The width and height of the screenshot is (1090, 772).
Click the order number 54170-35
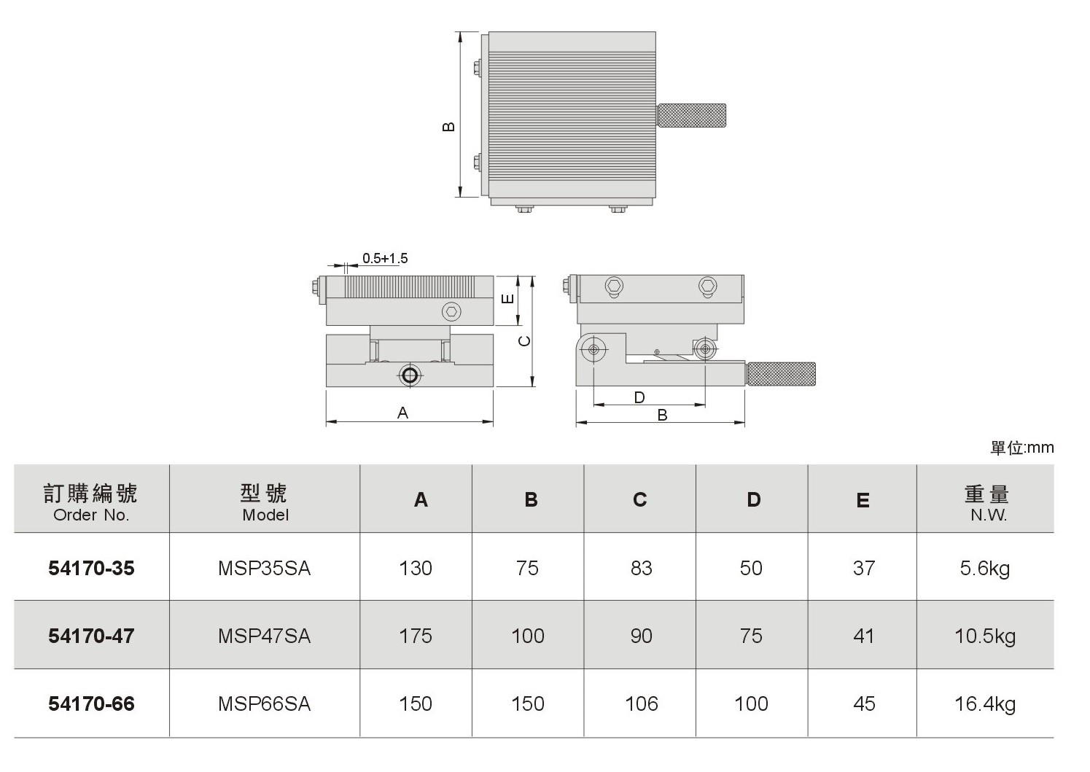[x=91, y=568]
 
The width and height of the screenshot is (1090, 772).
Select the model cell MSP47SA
[x=264, y=636]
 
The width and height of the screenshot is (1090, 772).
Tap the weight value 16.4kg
[x=985, y=704]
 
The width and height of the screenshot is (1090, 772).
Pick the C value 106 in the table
[x=642, y=704]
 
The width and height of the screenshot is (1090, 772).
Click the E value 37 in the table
[x=864, y=568]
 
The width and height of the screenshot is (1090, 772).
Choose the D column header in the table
[x=753, y=499]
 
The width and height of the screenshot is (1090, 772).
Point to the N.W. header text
[x=989, y=515]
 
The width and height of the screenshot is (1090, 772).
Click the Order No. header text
[x=91, y=515]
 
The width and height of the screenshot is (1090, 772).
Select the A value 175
[x=416, y=636]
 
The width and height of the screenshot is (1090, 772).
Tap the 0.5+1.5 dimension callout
[x=385, y=258]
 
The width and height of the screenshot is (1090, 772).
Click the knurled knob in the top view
[x=691, y=115]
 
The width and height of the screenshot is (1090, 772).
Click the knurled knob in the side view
[x=781, y=373]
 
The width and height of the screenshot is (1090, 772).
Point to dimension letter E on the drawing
[x=507, y=299]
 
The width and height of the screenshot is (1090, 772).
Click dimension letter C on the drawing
[x=524, y=341]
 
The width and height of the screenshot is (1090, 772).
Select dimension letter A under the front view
[x=402, y=413]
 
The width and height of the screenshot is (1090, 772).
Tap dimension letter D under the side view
[x=639, y=397]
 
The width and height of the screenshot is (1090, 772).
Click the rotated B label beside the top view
[x=448, y=126]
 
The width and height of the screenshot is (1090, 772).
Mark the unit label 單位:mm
[x=1022, y=448]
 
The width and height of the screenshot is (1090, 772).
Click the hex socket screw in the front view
[x=451, y=312]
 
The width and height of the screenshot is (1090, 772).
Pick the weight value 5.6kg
[x=985, y=568]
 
